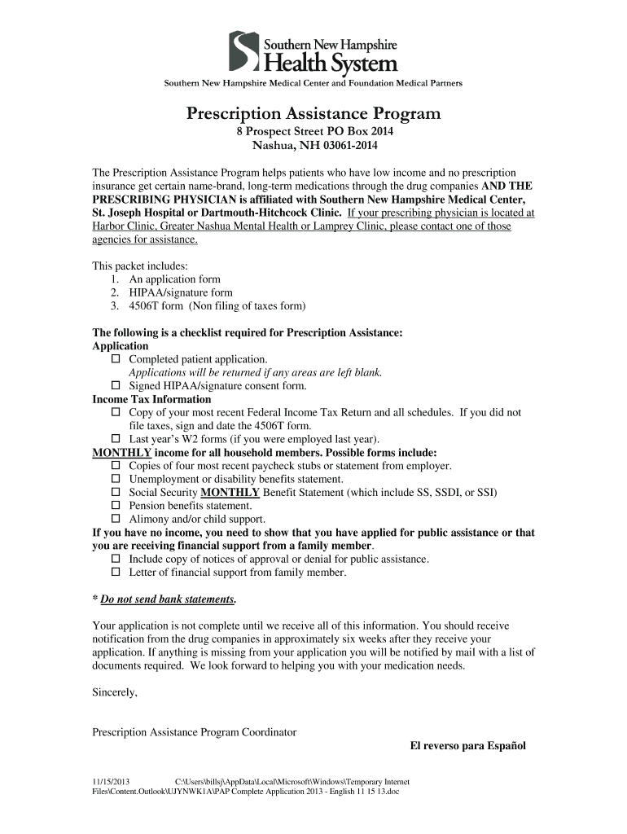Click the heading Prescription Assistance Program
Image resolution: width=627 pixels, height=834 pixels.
[313, 113]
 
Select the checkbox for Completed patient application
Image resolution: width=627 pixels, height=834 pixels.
[115, 359]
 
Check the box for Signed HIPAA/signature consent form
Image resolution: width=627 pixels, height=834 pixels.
[115, 386]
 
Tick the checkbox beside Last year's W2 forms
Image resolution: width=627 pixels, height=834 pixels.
[115, 439]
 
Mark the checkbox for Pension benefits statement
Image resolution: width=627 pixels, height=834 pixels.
[115, 506]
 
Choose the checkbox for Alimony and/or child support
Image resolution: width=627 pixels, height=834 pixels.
[115, 519]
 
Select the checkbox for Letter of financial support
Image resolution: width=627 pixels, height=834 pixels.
[115, 573]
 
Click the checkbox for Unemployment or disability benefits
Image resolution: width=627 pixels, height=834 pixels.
[115, 480]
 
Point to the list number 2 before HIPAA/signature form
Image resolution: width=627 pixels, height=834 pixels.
[113, 292]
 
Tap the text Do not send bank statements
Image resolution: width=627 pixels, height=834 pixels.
[168, 599]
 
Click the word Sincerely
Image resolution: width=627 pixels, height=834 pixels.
[115, 692]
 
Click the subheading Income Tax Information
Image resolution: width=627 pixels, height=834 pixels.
[151, 399]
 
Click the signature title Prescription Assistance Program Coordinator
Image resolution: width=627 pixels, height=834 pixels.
[194, 732]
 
